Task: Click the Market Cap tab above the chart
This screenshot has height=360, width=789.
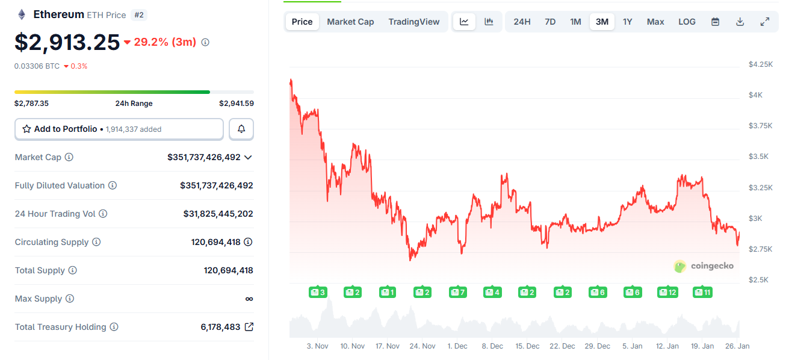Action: point(350,22)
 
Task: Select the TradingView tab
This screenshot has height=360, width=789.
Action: point(413,22)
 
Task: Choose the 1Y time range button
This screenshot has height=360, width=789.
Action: point(627,22)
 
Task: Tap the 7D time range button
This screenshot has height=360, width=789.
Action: point(550,22)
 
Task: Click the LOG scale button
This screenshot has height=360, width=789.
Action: point(687,22)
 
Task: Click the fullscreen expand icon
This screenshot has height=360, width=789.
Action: point(765,22)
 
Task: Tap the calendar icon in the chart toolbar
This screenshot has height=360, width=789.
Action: point(715,22)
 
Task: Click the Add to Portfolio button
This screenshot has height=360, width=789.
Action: point(119,129)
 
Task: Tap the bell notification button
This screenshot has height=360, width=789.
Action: point(241,129)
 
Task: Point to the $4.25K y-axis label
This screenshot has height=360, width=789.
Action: point(760,64)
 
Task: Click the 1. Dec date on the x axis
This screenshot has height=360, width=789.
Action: point(457,346)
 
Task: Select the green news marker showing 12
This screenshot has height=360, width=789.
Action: point(668,293)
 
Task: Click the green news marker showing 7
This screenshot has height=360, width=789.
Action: point(458,293)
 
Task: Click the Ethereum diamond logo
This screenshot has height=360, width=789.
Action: point(22,14)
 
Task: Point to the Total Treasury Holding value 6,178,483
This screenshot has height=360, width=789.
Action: point(220,327)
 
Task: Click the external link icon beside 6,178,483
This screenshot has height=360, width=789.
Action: point(249,327)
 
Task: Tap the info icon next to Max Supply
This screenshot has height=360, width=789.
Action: point(70,299)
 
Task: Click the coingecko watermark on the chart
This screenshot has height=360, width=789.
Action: point(704,266)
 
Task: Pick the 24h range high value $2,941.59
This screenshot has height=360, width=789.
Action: point(237,104)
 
